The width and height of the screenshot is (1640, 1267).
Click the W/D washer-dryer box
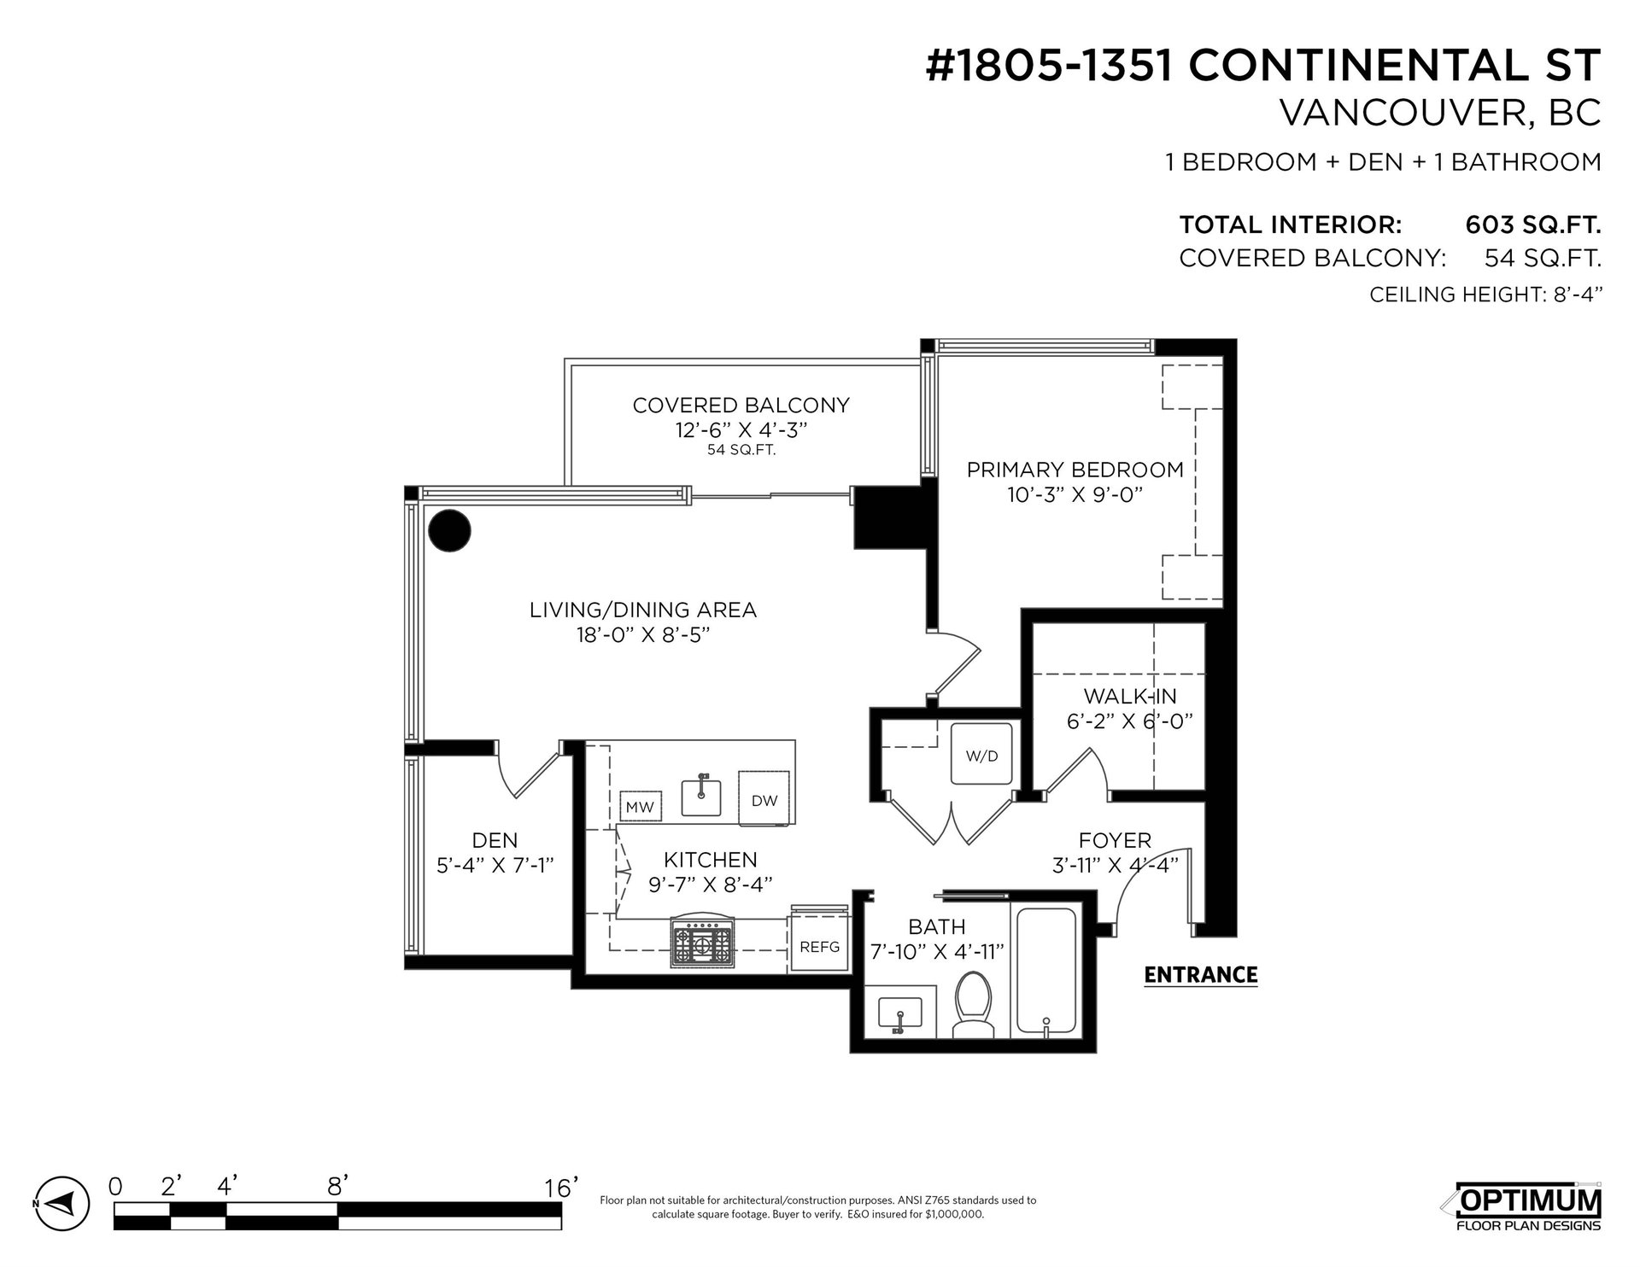[x=981, y=754]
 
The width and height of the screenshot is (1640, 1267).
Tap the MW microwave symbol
[x=640, y=807]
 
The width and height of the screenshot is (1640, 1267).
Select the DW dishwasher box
[x=764, y=799]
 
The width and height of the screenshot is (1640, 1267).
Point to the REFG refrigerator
[x=819, y=946]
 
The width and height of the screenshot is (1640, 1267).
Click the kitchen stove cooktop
[x=703, y=943]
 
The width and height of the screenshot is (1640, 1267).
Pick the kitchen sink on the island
[x=702, y=796]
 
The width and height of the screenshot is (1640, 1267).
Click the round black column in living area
[x=449, y=532]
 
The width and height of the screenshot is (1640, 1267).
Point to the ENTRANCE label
[x=1200, y=975]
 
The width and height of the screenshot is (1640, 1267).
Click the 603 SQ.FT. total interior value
[x=1532, y=225]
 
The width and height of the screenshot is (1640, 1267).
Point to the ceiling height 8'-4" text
[x=1485, y=295]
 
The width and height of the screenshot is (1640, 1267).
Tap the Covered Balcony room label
[x=741, y=405]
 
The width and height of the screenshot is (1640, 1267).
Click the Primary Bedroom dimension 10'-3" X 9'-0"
[x=1075, y=495]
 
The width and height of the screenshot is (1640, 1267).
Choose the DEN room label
[x=495, y=841]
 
